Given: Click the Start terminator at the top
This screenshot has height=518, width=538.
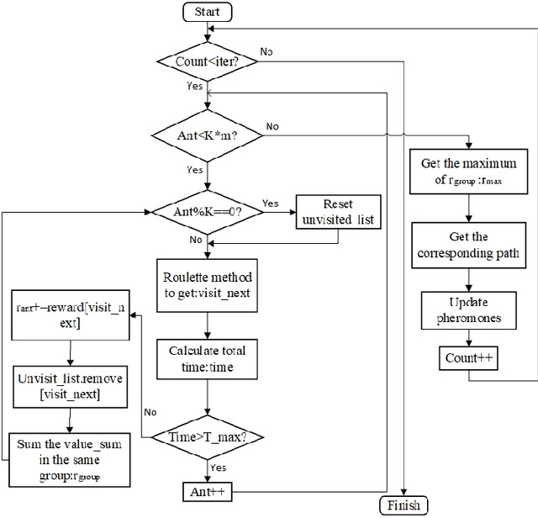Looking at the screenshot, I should coord(207,12).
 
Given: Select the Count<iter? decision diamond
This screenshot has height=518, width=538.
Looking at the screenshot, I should coord(207,61).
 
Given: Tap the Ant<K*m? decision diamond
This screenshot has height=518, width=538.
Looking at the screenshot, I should coord(207,135).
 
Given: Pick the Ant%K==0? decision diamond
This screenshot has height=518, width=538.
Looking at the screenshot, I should coord(207,213).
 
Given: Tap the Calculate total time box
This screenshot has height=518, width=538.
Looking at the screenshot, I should coord(207,357).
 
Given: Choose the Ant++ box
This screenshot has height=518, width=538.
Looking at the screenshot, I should coord(207,490).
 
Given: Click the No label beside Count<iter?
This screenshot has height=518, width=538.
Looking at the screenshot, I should coord(266,51).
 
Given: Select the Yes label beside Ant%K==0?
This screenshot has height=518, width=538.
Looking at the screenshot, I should coord(271,203).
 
